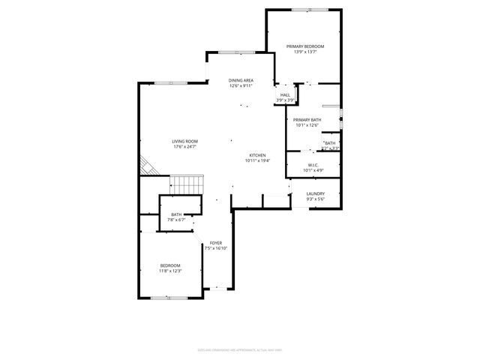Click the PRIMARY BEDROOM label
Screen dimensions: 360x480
click(305, 46)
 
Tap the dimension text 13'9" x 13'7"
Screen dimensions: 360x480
click(305, 52)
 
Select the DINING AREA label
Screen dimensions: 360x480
click(241, 80)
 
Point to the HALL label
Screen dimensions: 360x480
click(285, 95)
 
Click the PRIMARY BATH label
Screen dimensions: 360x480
click(307, 120)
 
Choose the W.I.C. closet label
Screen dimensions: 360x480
click(313, 165)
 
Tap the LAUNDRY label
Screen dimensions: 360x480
click(315, 193)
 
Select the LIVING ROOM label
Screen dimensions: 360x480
click(184, 141)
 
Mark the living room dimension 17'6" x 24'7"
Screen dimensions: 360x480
click(184, 147)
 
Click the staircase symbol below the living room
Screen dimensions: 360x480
click(186, 184)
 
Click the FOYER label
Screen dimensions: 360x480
click(216, 243)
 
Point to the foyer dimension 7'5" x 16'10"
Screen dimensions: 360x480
click(216, 249)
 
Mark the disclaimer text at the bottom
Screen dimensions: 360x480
click(240, 349)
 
